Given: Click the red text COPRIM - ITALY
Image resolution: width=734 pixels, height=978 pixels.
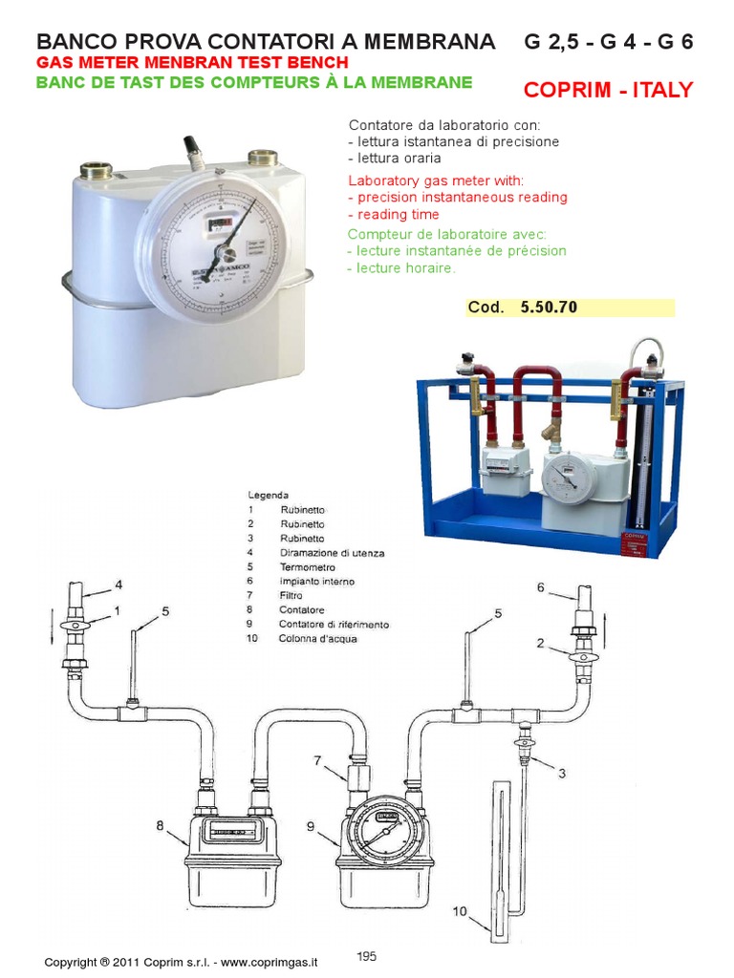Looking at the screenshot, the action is (x=608, y=91).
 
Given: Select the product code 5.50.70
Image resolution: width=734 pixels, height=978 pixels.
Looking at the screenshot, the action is (x=549, y=308).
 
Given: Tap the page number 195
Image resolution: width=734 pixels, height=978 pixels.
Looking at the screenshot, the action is (x=367, y=956).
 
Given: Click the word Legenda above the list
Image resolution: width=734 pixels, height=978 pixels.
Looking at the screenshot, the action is (x=269, y=496).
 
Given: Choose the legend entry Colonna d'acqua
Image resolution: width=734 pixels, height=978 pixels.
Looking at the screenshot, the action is (x=318, y=638).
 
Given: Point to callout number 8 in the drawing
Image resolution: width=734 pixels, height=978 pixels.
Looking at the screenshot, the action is (x=161, y=822).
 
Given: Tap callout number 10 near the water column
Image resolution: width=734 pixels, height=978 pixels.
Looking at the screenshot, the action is (x=460, y=911).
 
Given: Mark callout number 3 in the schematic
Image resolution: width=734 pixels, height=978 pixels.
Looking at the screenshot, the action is (x=562, y=772).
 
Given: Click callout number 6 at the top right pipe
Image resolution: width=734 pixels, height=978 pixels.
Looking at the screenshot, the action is (x=540, y=587).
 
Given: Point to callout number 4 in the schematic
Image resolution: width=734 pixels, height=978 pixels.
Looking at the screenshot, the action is (x=119, y=584).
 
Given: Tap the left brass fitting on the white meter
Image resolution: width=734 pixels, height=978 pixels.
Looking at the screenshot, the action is (x=96, y=172).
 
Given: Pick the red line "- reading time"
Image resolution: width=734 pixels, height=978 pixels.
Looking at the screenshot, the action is (x=393, y=215).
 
